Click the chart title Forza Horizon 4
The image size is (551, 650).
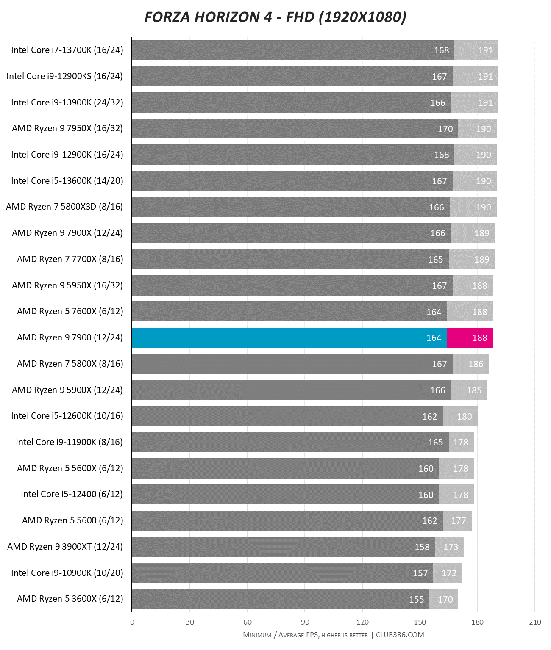[275, 17]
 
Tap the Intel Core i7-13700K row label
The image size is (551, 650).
[67, 50]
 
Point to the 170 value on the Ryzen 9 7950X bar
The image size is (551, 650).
[445, 129]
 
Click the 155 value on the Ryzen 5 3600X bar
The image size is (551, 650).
[416, 599]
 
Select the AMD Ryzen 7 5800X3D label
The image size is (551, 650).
[64, 207]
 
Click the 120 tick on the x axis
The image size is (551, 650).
[362, 622]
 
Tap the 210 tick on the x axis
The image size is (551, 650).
[535, 622]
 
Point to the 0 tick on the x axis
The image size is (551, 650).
[132, 622]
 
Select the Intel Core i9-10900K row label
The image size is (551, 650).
[67, 573]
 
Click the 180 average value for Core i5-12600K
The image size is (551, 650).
[464, 416]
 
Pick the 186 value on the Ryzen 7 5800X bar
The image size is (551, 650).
[476, 364]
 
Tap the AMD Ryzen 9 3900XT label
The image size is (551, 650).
[65, 547]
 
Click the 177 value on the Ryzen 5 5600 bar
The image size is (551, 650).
[458, 520]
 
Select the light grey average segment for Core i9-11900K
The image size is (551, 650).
[461, 442]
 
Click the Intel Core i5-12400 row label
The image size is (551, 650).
[72, 494]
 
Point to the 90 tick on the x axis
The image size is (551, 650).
[305, 622]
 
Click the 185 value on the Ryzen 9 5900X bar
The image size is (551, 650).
[474, 390]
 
